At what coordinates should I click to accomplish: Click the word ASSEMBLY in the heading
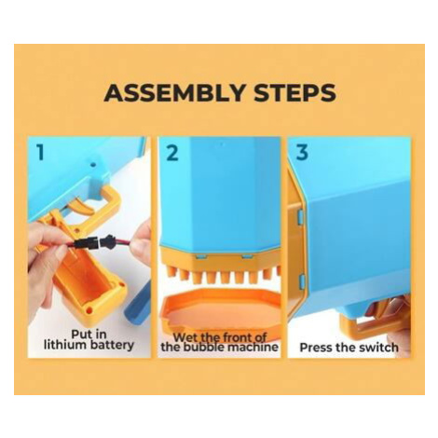174,92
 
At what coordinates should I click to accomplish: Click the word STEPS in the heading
294,92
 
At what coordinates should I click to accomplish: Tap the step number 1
40,153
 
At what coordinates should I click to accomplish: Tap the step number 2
172,153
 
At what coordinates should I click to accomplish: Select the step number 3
302,153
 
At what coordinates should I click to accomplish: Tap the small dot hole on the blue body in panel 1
92,164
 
